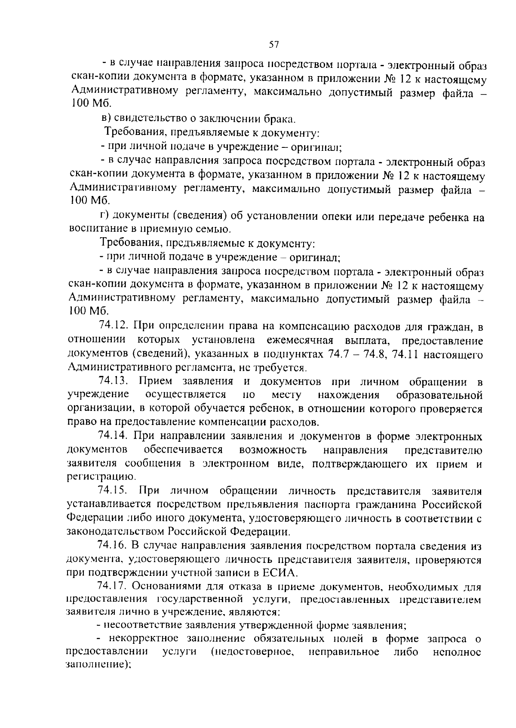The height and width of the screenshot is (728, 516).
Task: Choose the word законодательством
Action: pyautogui.click(x=115, y=532)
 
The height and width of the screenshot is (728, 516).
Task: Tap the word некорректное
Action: pyautogui.click(x=146, y=639)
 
